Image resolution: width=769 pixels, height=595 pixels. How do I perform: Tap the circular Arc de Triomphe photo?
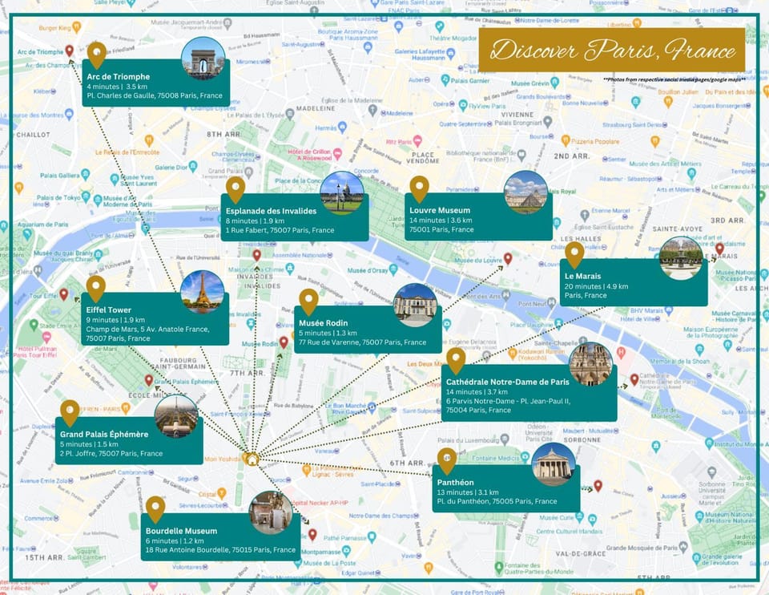coord(203,58)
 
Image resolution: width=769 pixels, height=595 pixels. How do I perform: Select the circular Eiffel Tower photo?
coord(202,291)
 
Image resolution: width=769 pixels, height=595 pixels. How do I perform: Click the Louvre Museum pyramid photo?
coord(525,192)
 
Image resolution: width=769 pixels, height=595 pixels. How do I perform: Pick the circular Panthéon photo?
coord(553,464)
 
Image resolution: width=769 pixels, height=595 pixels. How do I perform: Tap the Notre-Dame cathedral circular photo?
coord(590,363)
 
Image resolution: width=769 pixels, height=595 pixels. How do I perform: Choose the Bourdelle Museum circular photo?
coord(271,512)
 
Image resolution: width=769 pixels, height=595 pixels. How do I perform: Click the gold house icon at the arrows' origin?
coord(252,459)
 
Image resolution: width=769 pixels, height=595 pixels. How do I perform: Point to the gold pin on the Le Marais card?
coord(574,255)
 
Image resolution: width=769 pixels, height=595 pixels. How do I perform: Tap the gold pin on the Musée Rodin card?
coord(308,302)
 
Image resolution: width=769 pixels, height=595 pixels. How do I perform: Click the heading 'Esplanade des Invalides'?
coord(271,211)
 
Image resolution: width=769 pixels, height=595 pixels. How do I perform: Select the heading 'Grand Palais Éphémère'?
coord(104,434)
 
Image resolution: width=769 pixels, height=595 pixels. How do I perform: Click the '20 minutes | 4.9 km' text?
coord(596,285)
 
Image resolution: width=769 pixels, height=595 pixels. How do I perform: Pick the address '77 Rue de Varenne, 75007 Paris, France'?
coord(363,342)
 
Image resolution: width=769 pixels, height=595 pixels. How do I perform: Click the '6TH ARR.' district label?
coord(407,463)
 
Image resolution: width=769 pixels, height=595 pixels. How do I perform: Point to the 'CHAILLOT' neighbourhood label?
coord(33,135)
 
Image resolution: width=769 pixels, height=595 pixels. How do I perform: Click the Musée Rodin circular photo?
coord(415,305)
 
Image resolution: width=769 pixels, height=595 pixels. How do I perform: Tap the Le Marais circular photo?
coord(681,257)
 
